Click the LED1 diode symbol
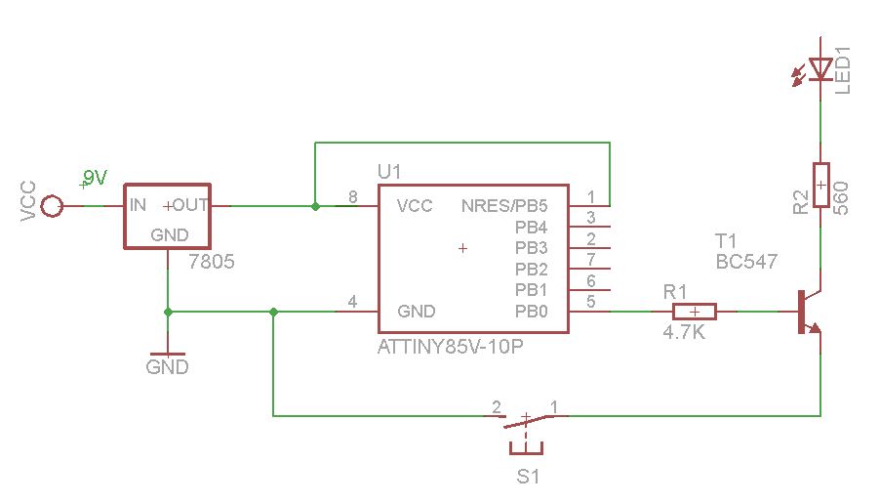820,68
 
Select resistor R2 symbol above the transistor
820,185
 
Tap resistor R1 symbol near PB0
694,312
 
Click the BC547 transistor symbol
808,312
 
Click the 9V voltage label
95,177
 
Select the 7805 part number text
212,262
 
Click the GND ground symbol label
167,368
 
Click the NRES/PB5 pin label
504,206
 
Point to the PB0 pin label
532,312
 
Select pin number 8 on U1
352,197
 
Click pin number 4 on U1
352,303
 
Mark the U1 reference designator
389,172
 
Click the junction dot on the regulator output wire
314,206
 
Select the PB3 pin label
532,248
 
